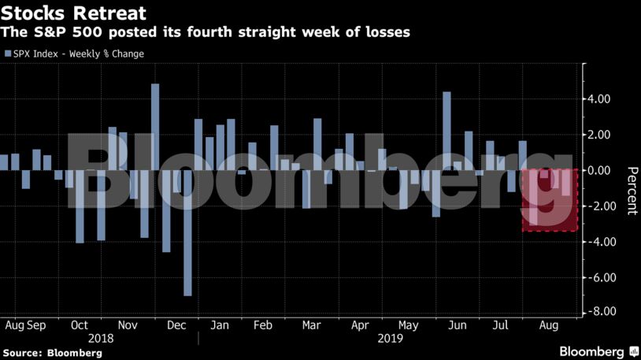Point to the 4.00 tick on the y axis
point(601,99)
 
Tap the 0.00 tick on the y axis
point(601,170)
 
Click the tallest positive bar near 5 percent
point(155,126)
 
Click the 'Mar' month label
point(311,325)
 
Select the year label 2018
point(101,338)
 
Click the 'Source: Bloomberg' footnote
point(54,353)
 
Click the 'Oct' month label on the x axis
point(80,325)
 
